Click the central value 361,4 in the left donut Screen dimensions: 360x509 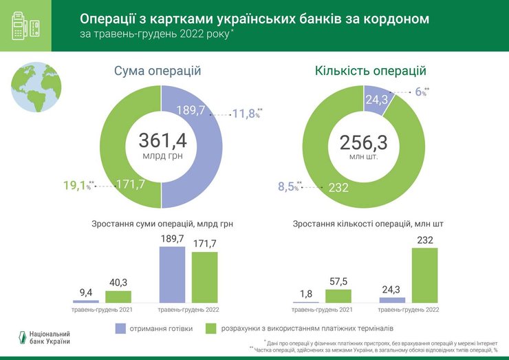[162, 140]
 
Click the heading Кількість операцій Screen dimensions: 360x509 [370, 71]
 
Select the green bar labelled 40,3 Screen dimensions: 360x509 [118, 297]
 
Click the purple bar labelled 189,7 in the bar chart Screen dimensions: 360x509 [172, 274]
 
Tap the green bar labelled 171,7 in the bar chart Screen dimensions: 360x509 [204, 277]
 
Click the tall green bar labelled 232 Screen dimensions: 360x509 [424, 275]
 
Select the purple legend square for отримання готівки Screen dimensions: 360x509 [122, 328]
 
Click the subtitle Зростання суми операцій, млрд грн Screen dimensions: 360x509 [162, 224]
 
